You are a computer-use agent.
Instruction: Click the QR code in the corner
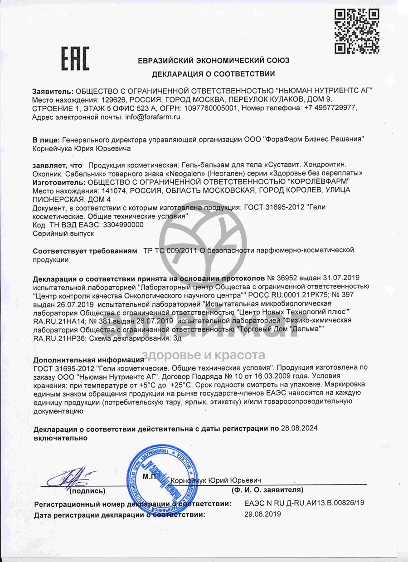point(357,31)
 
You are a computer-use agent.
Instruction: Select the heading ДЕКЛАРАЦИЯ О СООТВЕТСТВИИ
point(213,73)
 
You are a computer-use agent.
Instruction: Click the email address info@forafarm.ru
point(152,117)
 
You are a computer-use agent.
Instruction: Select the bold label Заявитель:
point(53,91)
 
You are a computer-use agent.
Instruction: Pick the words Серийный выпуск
point(63,233)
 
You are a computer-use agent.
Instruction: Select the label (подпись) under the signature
point(87,491)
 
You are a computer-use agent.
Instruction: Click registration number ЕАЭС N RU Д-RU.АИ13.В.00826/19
point(304,503)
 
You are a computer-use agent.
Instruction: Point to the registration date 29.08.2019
point(262,514)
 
